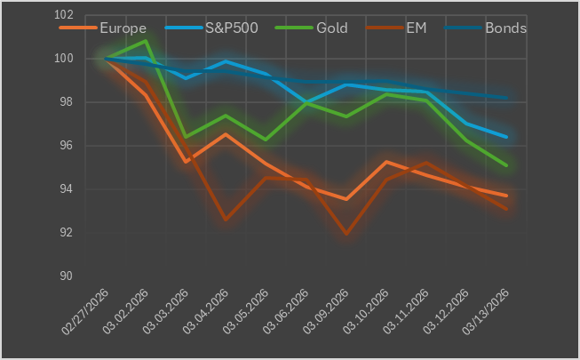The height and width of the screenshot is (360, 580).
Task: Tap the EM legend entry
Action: (x=416, y=28)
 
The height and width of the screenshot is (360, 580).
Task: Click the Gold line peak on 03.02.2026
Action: (x=146, y=41)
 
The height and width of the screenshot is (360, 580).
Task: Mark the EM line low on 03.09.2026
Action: (x=346, y=235)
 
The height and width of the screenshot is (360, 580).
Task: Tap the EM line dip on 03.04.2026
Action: (x=226, y=220)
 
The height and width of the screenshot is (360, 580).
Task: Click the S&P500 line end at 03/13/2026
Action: (x=506, y=137)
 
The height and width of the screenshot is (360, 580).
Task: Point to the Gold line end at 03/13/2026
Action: (x=506, y=165)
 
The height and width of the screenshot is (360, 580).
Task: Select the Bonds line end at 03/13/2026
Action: (x=506, y=98)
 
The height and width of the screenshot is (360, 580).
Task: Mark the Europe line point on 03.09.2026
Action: (x=346, y=199)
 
